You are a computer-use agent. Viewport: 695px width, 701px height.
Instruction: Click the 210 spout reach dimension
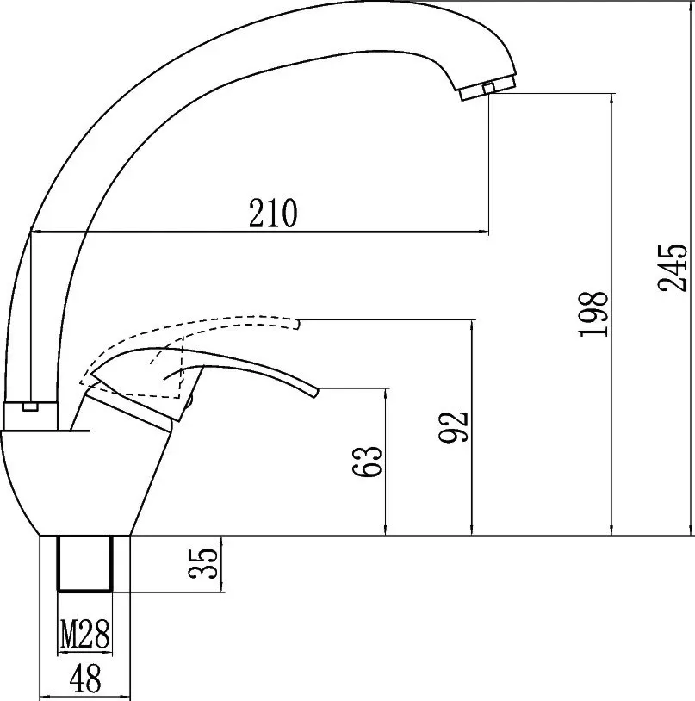tap(273, 213)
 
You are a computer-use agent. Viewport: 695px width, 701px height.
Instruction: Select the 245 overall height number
tap(672, 268)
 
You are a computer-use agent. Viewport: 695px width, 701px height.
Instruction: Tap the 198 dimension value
tap(593, 314)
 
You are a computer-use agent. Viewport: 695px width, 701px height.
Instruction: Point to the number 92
tap(453, 427)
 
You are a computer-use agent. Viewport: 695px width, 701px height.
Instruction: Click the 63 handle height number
tap(368, 462)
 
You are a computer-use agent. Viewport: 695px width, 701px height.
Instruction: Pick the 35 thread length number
tap(203, 563)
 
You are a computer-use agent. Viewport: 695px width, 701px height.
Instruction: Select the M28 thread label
tap(85, 634)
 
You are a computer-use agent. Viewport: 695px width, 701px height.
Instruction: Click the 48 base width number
tap(85, 678)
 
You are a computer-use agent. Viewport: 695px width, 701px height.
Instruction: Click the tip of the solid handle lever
tap(317, 392)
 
